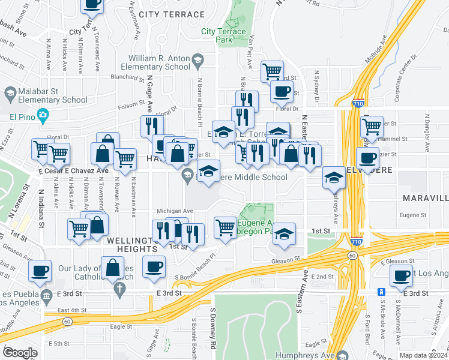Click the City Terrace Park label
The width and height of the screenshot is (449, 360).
[x=223, y=35]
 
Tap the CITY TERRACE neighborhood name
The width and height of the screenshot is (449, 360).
[x=171, y=14]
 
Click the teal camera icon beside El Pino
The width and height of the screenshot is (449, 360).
[x=43, y=115]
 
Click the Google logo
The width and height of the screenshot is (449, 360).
[x=20, y=352]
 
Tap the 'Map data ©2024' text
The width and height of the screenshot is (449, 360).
[x=423, y=355]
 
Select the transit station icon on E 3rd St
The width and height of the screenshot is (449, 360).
[x=381, y=292]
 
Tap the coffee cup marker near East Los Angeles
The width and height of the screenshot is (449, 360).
[x=401, y=276]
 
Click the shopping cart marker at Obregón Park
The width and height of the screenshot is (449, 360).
[x=225, y=227]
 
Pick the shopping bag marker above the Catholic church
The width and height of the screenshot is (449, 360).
[x=112, y=268]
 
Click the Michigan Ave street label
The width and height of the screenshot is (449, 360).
[x=174, y=211]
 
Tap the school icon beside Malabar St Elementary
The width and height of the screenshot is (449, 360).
[x=10, y=94]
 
